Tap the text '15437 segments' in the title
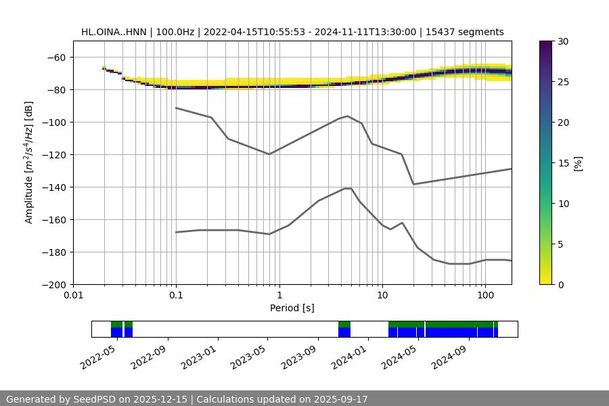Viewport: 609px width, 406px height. tap(471, 32)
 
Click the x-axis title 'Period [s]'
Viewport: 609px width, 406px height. tap(292, 308)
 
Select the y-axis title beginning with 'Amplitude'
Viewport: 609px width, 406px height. tap(29, 162)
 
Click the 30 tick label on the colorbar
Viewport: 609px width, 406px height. tap(563, 41)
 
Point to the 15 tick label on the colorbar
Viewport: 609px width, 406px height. tap(563, 163)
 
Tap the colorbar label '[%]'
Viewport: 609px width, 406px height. tap(578, 163)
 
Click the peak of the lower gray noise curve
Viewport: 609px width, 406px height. tap(348, 188)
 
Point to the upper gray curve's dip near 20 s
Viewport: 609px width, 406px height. tap(413, 184)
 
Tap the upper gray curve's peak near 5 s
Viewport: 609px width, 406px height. tap(348, 116)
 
